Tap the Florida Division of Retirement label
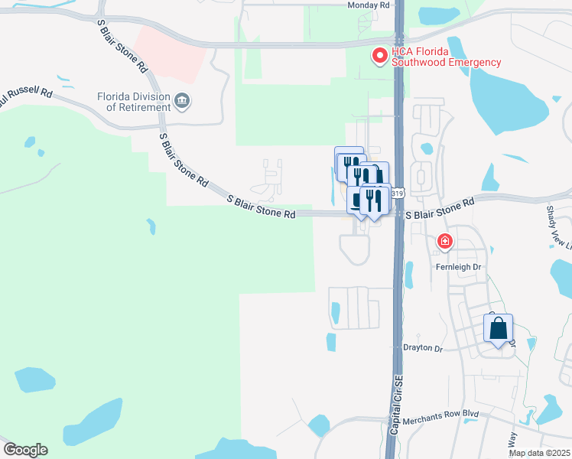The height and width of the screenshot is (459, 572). coord(133,102)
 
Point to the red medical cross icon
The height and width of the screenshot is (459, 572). coord(444,243)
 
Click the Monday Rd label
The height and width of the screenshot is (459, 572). coord(369,5)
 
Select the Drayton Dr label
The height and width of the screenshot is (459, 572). coord(423,348)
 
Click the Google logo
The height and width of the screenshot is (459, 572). coord(25,450)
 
